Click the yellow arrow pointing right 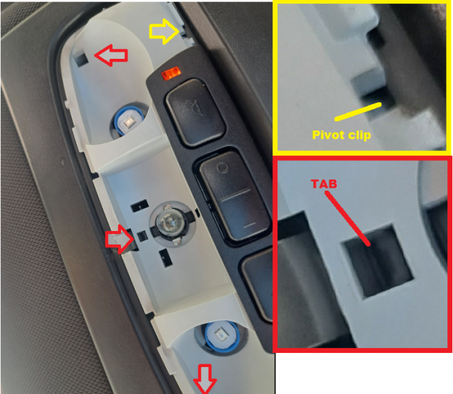(164, 31)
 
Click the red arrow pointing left (111, 55)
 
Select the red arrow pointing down (205, 379)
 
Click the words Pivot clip (341, 135)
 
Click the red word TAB (324, 184)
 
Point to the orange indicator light (171, 74)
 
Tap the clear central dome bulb (170, 223)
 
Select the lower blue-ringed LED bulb (222, 336)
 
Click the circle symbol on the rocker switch (222, 167)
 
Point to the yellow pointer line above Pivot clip (358, 111)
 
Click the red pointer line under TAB (348, 219)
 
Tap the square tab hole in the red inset (378, 260)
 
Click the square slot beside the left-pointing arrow (81, 59)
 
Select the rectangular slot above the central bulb (139, 206)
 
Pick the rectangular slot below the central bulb (166, 258)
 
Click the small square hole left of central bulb (142, 236)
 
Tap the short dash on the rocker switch (250, 224)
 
